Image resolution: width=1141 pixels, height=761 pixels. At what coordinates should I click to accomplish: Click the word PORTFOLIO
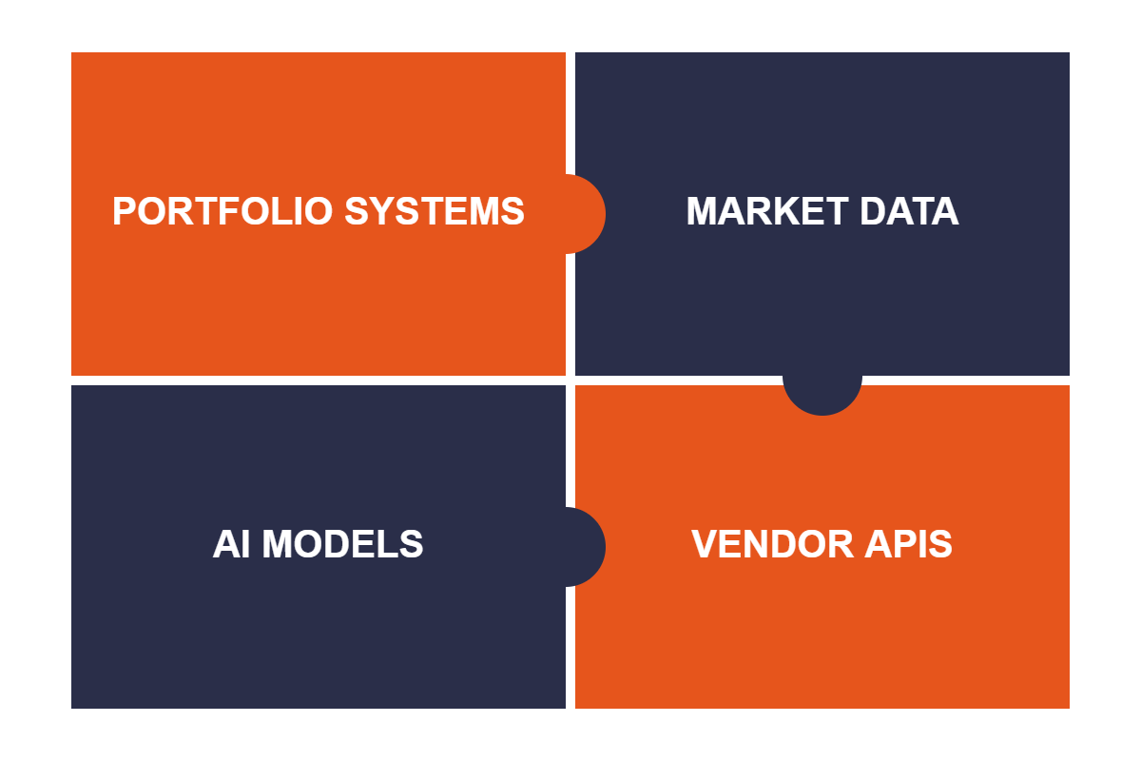tap(222, 211)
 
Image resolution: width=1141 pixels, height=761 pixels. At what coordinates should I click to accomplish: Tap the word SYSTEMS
tap(435, 211)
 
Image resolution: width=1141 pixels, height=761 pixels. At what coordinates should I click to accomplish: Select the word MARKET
tap(767, 211)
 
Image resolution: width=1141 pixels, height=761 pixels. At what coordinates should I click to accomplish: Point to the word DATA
tap(909, 211)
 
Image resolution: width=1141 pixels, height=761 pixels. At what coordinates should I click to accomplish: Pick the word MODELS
tap(342, 544)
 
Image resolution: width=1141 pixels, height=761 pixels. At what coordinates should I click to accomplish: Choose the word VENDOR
tap(772, 544)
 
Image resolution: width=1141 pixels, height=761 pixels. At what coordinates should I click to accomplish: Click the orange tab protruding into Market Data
tap(586, 214)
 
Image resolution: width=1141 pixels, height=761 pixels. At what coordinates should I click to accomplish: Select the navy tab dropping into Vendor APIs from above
tap(822, 396)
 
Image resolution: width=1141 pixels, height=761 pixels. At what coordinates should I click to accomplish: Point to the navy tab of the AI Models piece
tap(586, 547)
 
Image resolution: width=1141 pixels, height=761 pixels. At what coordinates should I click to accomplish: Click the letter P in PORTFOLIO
tap(125, 211)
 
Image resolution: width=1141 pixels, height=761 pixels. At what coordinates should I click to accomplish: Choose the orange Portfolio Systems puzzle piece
tap(319, 214)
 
